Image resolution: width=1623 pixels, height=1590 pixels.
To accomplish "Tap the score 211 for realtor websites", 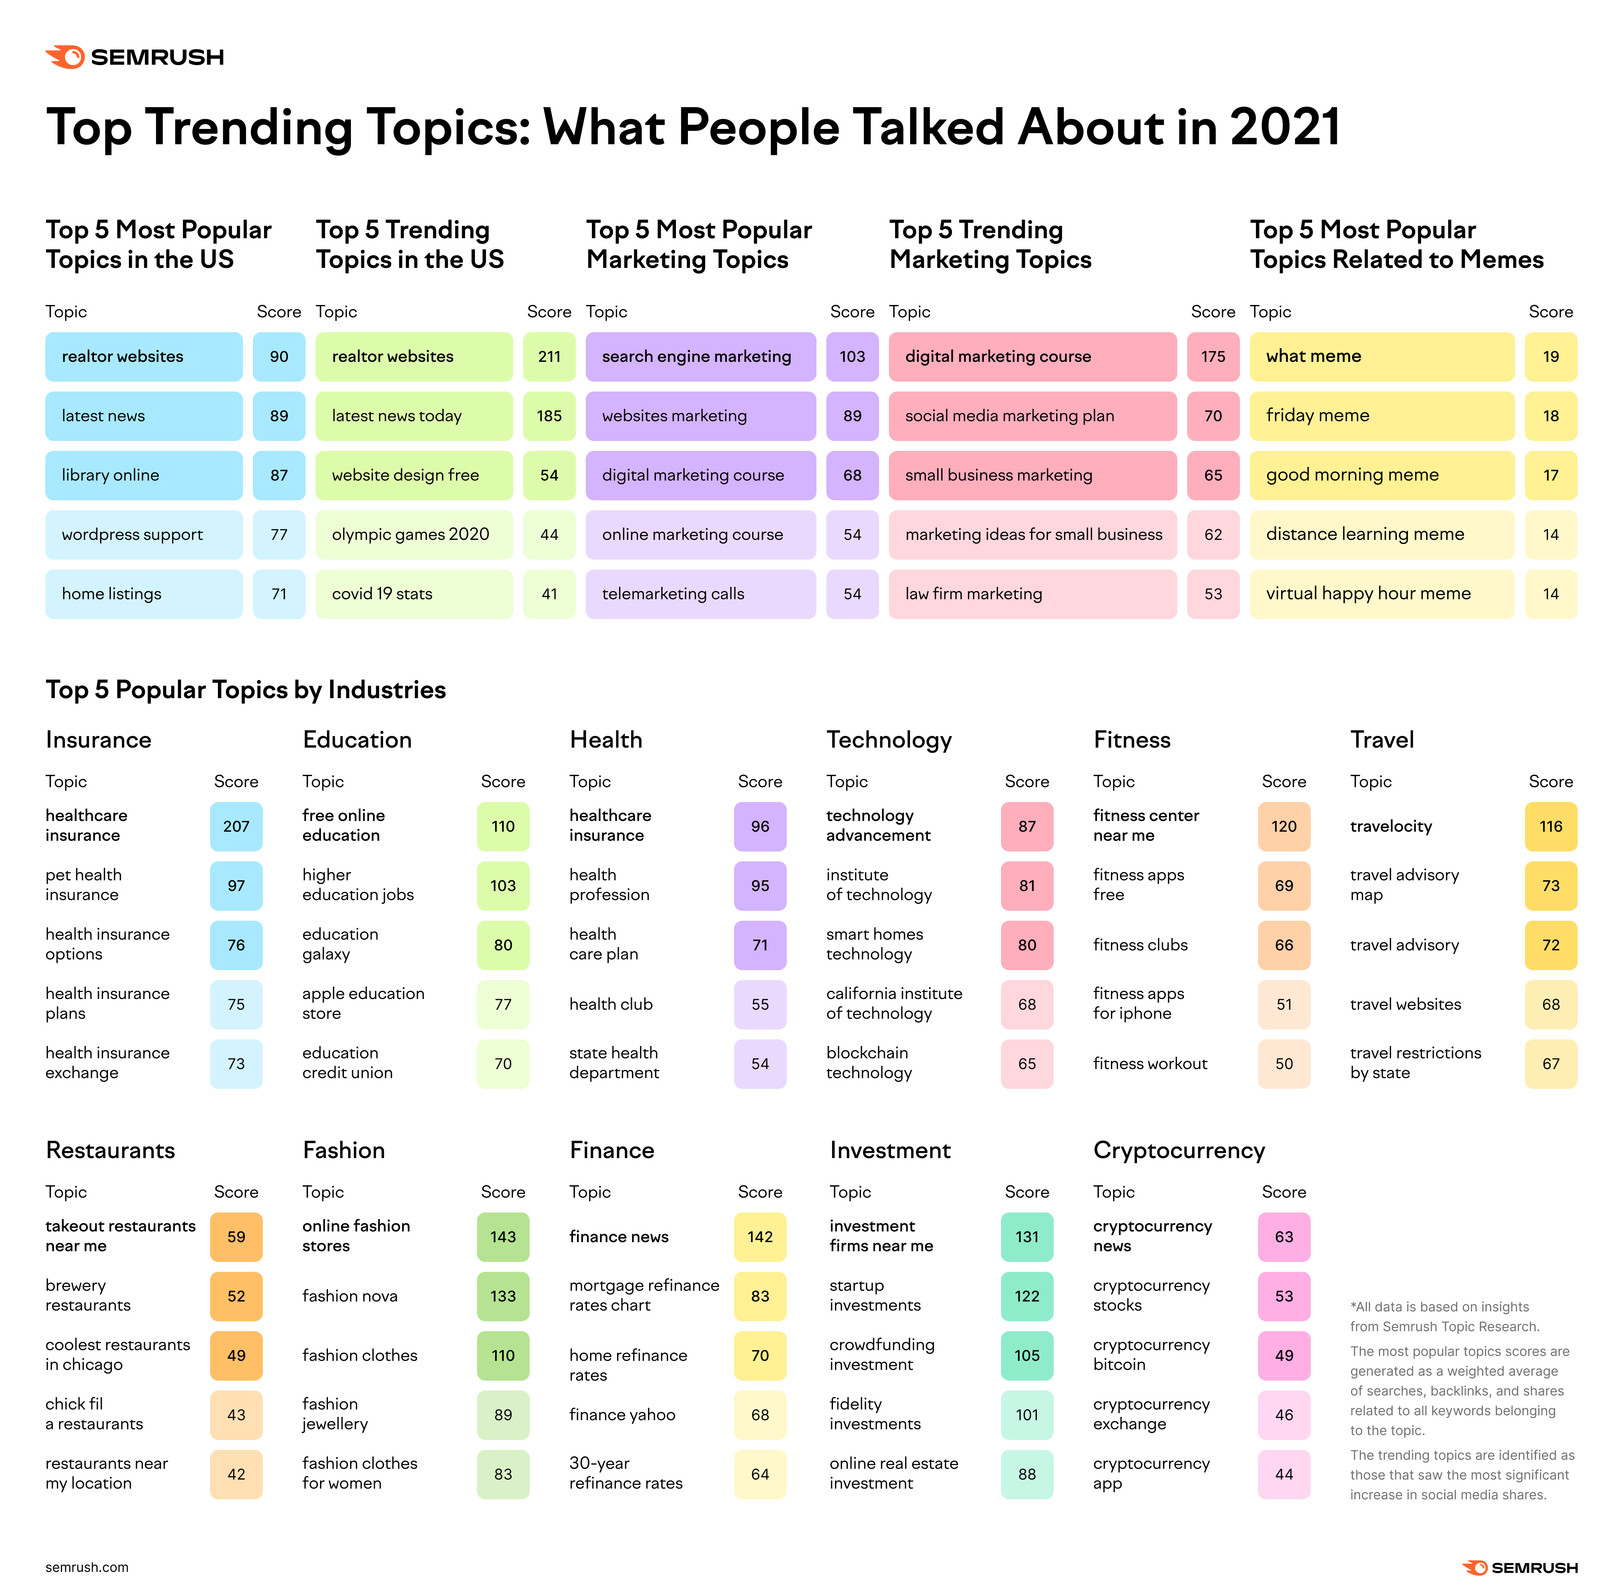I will tap(549, 356).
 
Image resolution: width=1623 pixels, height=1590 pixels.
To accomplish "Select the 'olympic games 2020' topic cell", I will tap(413, 535).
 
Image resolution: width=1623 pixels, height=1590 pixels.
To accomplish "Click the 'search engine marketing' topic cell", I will tap(699, 356).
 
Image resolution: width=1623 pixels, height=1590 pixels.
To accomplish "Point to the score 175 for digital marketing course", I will tap(1212, 356).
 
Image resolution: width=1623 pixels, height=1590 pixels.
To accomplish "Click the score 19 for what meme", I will tap(1551, 356).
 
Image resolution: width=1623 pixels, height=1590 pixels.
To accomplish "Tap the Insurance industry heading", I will tap(98, 740).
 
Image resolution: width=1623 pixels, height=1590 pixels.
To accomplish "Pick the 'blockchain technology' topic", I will tap(868, 1063).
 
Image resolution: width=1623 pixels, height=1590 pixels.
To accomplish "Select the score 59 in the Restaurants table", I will tap(236, 1237).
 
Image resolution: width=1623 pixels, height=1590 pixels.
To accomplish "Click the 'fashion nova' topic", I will tap(350, 1296).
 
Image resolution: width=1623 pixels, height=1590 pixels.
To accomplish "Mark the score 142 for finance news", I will tap(760, 1237).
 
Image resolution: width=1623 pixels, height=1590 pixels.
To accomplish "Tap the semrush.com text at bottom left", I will tap(87, 1567).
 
